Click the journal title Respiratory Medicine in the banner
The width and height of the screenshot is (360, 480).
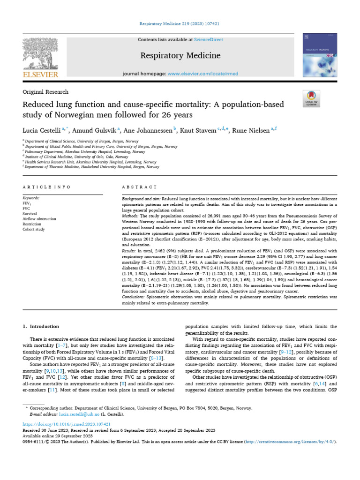coord(180,56)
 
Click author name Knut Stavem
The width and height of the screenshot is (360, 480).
coord(198,130)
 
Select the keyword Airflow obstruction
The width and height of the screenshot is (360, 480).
coord(39,219)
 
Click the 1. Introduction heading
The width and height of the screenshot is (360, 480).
coord(41,326)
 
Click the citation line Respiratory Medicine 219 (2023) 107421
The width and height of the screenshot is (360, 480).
coord(180,23)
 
